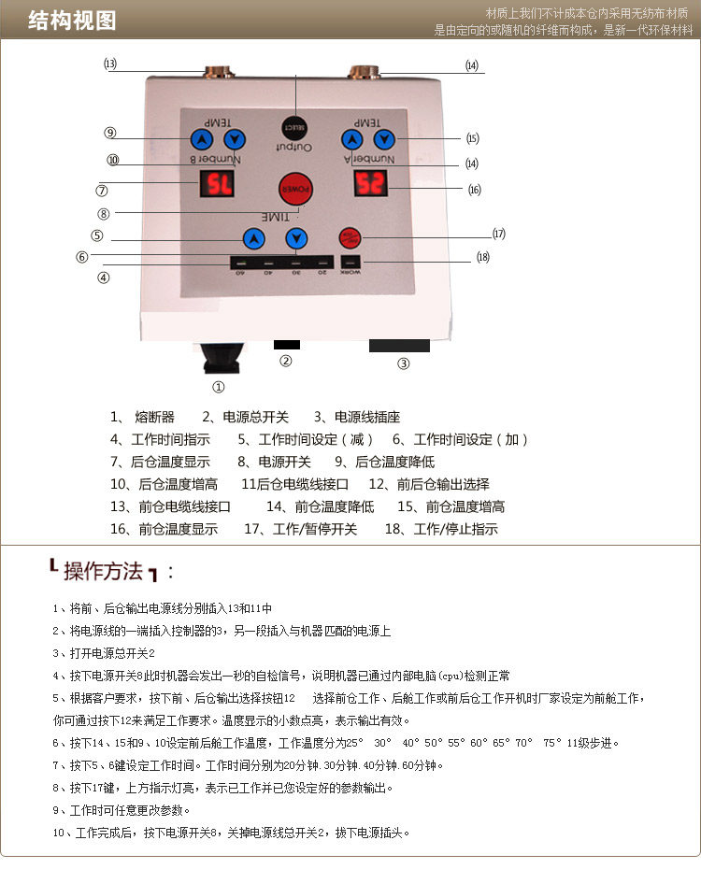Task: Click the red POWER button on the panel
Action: point(295,189)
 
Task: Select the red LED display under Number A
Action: point(371,183)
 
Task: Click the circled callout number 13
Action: point(110,64)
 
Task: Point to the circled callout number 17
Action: point(499,233)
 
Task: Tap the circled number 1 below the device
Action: point(219,386)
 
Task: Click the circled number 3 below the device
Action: point(404,364)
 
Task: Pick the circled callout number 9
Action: point(110,133)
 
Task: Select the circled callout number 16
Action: point(475,190)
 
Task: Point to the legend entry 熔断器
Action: point(155,417)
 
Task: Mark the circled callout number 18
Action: point(482,257)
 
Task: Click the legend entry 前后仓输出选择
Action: point(442,484)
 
